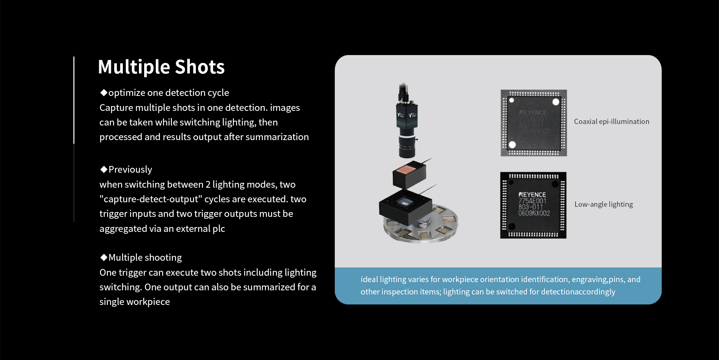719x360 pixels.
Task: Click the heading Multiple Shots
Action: tap(161, 67)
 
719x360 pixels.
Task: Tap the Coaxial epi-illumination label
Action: tap(612, 121)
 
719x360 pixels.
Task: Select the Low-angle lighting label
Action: tap(604, 204)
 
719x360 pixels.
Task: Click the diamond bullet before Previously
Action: tap(104, 169)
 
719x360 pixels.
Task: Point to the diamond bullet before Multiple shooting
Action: tap(104, 257)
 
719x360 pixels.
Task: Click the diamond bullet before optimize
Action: tap(104, 93)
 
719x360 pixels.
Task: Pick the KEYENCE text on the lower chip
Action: tap(532, 195)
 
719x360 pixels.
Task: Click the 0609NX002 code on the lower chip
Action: tap(534, 213)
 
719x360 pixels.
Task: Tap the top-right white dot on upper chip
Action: tap(556, 102)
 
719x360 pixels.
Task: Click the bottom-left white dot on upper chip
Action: tap(512, 145)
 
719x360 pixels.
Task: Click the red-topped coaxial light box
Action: tap(409, 174)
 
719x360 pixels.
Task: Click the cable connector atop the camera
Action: tap(403, 92)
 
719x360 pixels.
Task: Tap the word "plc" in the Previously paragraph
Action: tap(219, 229)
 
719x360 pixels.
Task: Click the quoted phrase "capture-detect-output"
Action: tap(151, 199)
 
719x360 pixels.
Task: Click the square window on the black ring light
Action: tap(406, 203)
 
